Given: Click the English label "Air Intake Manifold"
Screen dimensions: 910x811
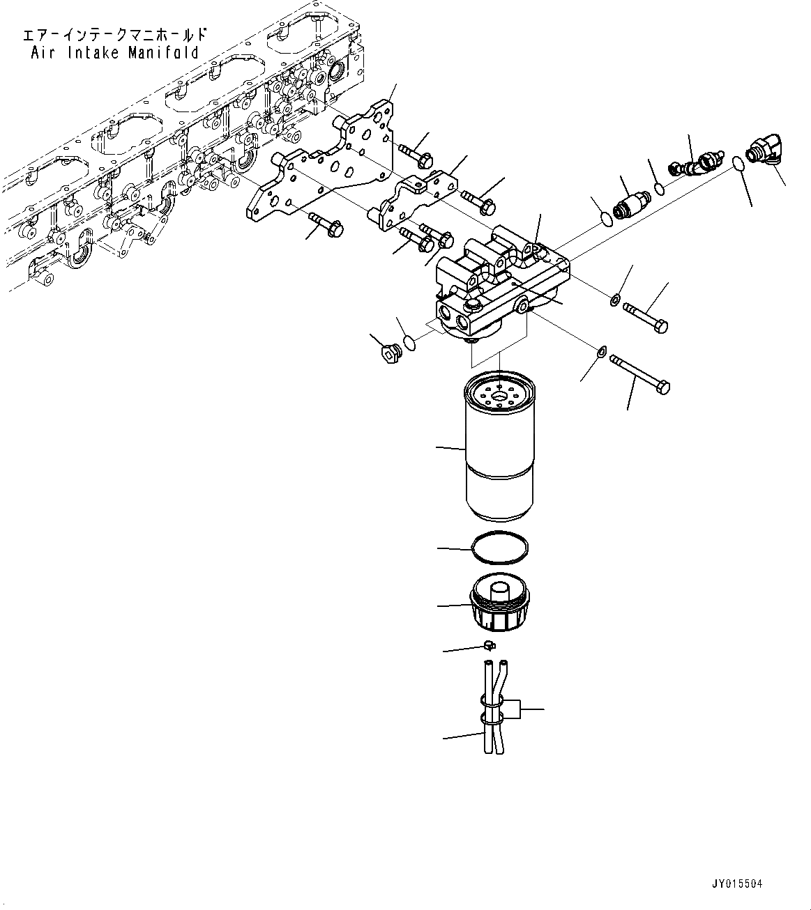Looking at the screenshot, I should (115, 53).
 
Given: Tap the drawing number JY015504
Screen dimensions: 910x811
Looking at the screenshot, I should (737, 884).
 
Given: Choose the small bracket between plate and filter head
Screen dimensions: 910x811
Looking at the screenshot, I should (416, 202).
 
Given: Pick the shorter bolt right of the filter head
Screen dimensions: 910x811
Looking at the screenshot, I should (646, 316).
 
